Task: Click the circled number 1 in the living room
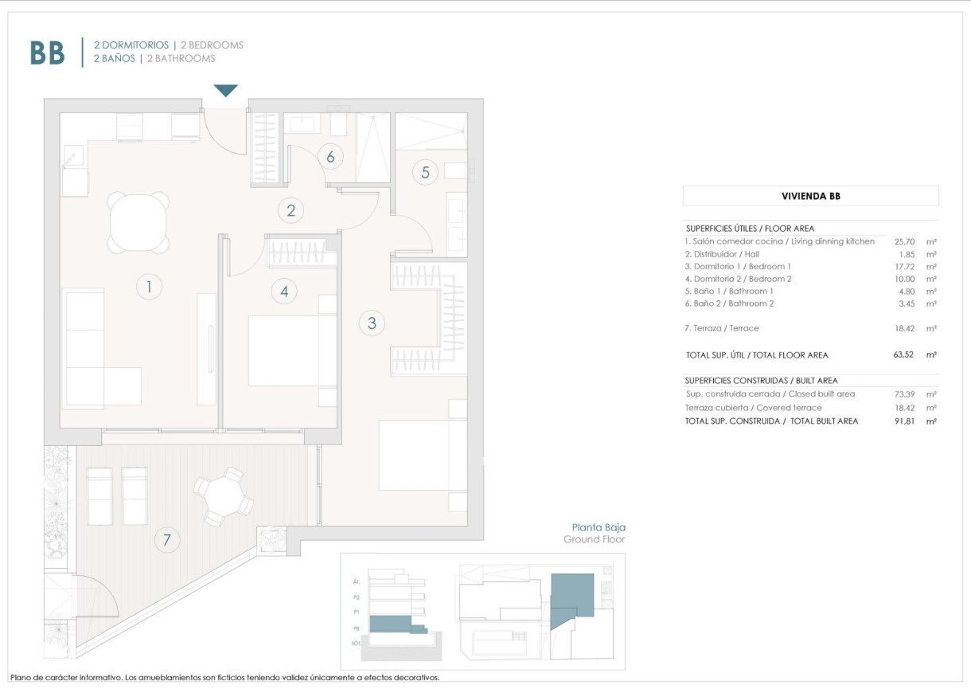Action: point(149,286)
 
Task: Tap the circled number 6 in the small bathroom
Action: point(330,156)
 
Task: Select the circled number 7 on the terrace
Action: point(166,540)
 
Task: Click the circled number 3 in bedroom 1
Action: point(372,323)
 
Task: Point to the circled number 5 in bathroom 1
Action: point(425,171)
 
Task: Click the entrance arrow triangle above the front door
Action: point(226,90)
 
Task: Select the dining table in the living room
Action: point(139,222)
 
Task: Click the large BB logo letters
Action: point(47,53)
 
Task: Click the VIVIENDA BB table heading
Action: point(810,196)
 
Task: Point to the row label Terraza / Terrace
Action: point(722,328)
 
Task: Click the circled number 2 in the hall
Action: point(291,210)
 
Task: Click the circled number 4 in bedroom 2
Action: point(284,292)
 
